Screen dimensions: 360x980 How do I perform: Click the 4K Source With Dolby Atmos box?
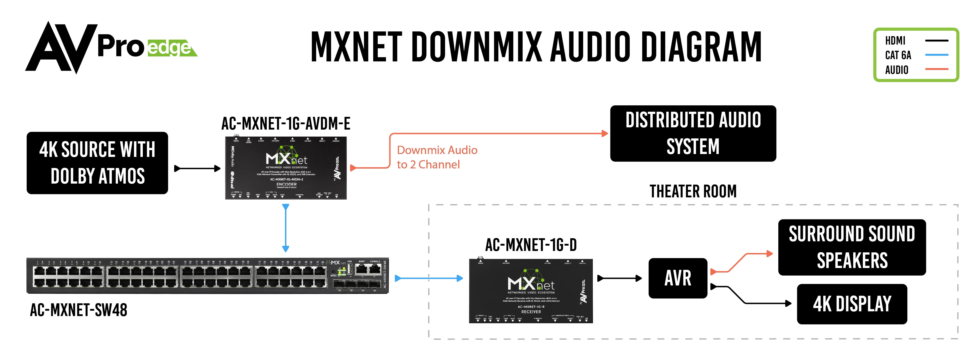coord(97,163)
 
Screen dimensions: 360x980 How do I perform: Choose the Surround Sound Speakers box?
coord(852,247)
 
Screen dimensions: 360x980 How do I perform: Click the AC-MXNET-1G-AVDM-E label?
coord(286,124)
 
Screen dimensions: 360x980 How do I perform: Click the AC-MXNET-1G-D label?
coord(531,245)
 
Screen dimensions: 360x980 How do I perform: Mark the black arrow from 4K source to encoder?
coord(197,168)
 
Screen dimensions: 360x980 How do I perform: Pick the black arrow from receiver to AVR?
coord(619,278)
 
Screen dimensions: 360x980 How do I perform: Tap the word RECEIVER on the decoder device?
coord(531,312)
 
